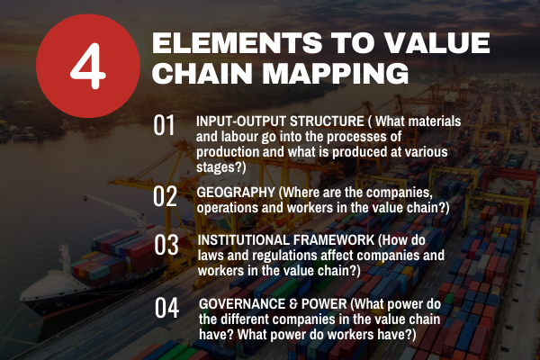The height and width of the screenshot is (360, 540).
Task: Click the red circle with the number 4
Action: pyautogui.click(x=88, y=66)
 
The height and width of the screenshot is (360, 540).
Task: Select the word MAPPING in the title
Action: pyautogui.click(x=336, y=73)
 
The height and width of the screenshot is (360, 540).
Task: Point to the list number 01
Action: pyautogui.click(x=164, y=125)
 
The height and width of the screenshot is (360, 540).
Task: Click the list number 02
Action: pyautogui.click(x=165, y=196)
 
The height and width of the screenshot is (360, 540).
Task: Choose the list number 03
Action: pyautogui.click(x=166, y=245)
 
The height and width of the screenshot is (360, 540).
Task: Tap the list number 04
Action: pyautogui.click(x=166, y=308)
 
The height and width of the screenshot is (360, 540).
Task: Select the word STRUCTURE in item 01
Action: pyautogui.click(x=327, y=121)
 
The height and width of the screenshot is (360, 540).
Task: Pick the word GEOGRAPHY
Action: pyautogui.click(x=236, y=193)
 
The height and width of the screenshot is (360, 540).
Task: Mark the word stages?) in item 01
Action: pyautogui.click(x=221, y=167)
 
